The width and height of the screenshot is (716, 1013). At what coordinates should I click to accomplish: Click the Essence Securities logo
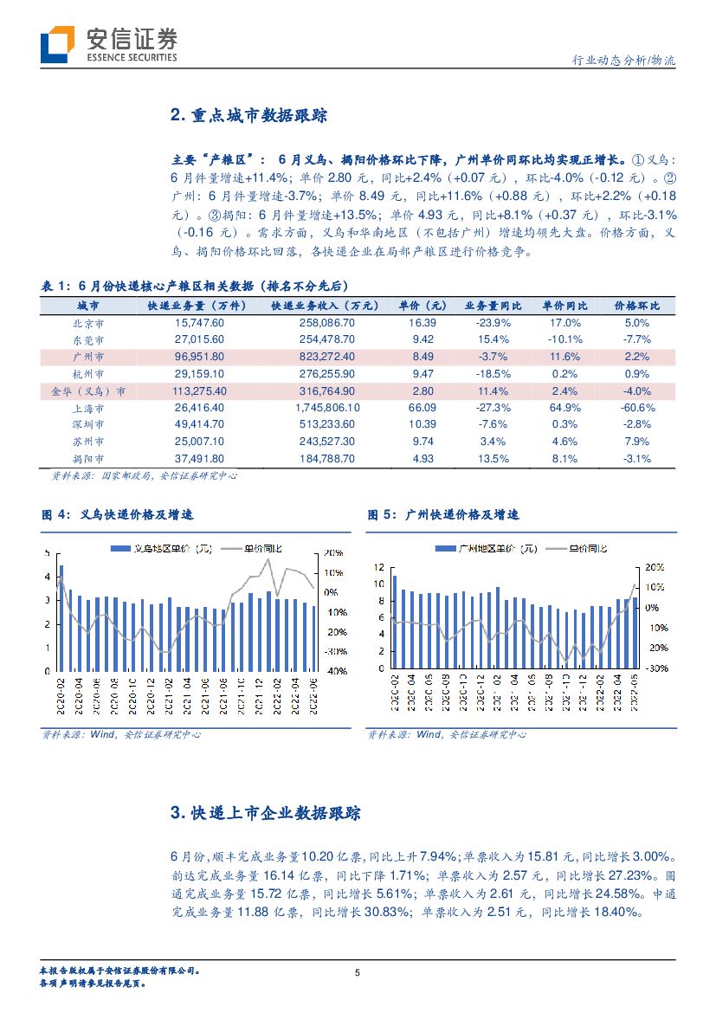tap(109, 44)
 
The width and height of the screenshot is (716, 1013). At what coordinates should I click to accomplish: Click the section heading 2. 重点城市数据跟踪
tap(248, 116)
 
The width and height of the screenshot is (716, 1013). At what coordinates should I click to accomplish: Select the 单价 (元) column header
tap(423, 306)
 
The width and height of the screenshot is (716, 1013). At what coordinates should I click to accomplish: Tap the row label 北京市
tap(88, 322)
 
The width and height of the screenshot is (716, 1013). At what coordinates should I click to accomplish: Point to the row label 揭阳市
tap(88, 458)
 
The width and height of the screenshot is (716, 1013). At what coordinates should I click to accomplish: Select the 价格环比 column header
tap(636, 306)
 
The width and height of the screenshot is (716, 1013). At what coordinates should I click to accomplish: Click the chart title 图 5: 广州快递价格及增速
tap(443, 514)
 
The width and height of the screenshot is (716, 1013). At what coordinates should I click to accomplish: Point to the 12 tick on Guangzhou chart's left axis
tap(377, 567)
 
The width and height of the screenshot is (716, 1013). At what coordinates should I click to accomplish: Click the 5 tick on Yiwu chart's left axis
tap(47, 552)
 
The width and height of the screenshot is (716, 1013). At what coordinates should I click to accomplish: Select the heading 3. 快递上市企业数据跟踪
tap(266, 813)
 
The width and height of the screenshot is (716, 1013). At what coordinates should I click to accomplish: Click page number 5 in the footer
tap(358, 972)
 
